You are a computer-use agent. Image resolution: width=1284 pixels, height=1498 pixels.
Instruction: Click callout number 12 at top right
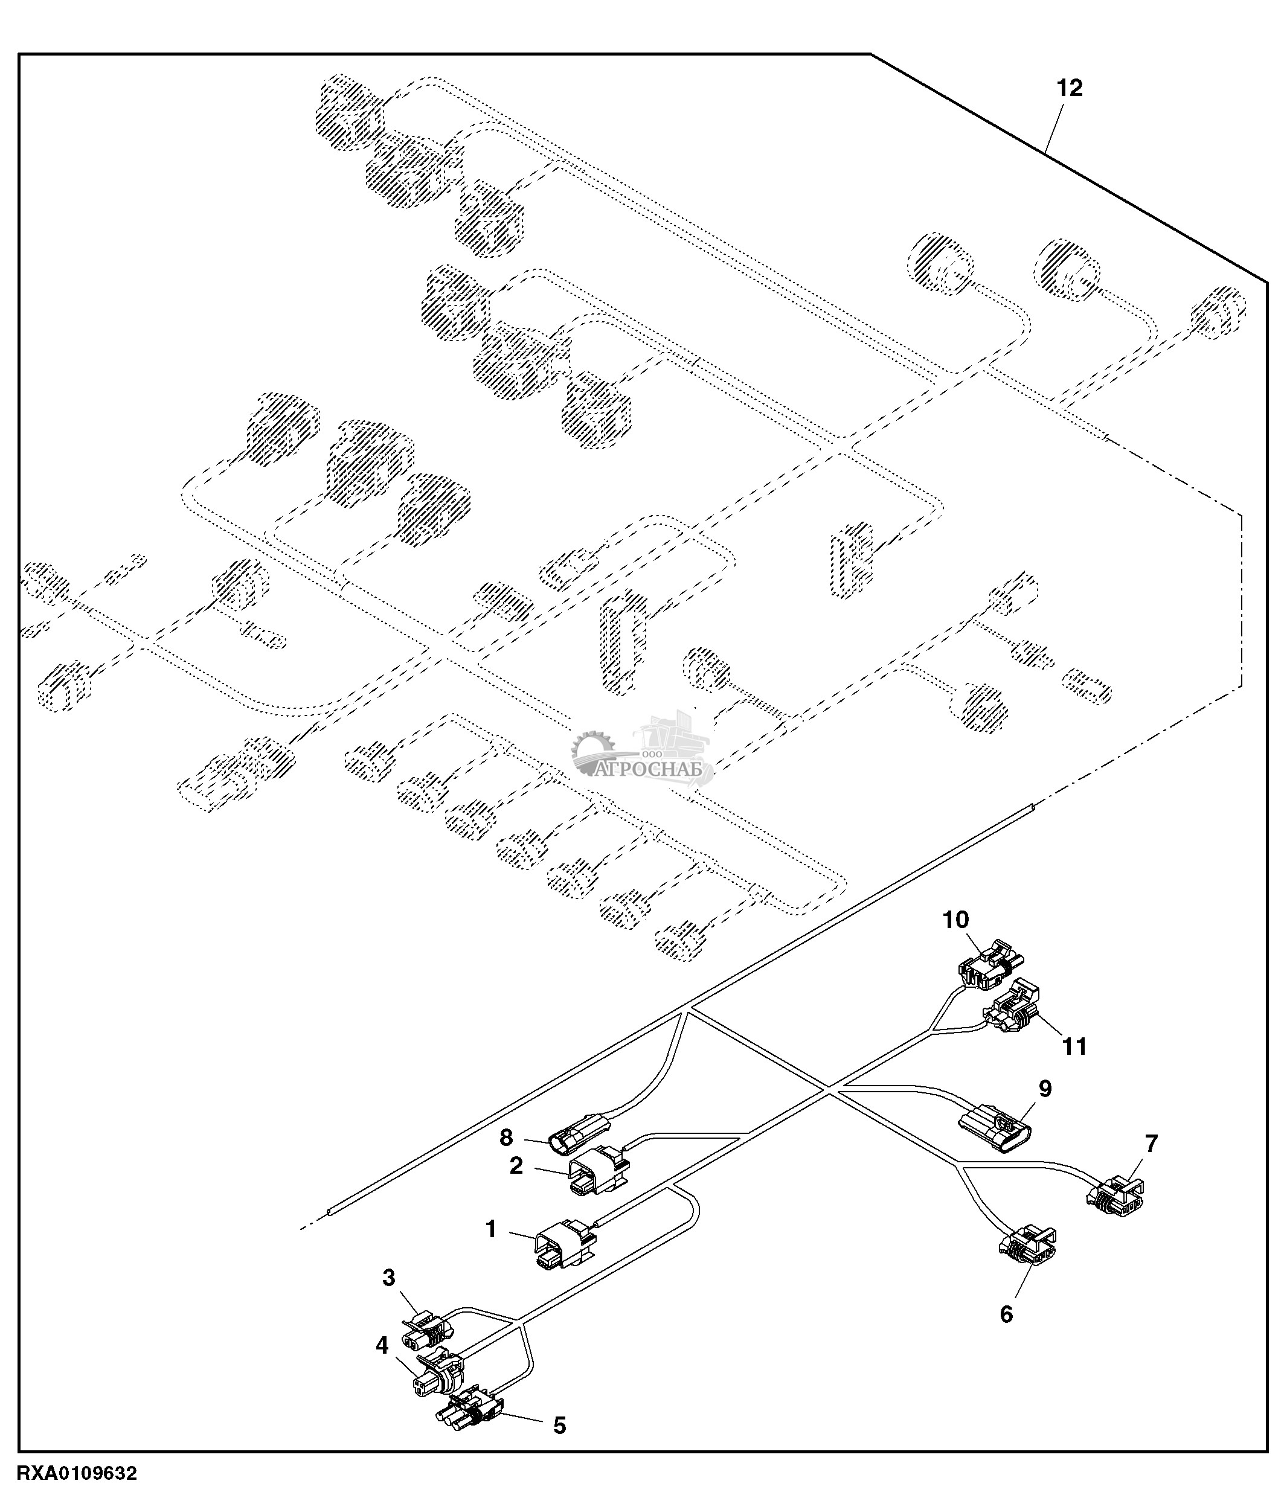(x=1070, y=88)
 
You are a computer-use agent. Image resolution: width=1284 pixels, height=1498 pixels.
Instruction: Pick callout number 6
(x=1006, y=1314)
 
